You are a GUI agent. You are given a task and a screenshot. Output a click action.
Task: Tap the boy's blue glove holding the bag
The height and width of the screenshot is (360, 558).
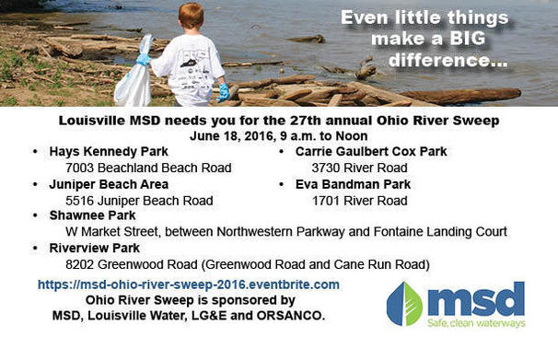tap(144, 60)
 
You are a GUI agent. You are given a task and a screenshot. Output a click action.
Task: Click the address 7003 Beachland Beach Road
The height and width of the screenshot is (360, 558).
tap(148, 168)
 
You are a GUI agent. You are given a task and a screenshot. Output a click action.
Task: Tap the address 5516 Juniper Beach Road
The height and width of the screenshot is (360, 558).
tap(140, 201)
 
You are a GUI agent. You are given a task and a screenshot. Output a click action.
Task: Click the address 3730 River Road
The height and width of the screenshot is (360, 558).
tap(359, 168)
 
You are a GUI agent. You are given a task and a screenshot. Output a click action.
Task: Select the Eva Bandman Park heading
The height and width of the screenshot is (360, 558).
tap(352, 184)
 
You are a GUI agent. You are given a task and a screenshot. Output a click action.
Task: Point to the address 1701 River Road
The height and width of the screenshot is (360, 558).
tap(359, 201)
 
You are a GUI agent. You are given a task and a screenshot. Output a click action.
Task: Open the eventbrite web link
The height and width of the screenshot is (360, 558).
tap(189, 285)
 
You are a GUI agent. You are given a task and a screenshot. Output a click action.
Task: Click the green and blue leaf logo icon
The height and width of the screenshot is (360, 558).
tap(404, 304)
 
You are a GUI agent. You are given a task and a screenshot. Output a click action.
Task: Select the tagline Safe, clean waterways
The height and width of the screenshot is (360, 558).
tap(475, 323)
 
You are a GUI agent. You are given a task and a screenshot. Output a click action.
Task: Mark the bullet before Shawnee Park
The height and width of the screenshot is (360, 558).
tap(35, 216)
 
